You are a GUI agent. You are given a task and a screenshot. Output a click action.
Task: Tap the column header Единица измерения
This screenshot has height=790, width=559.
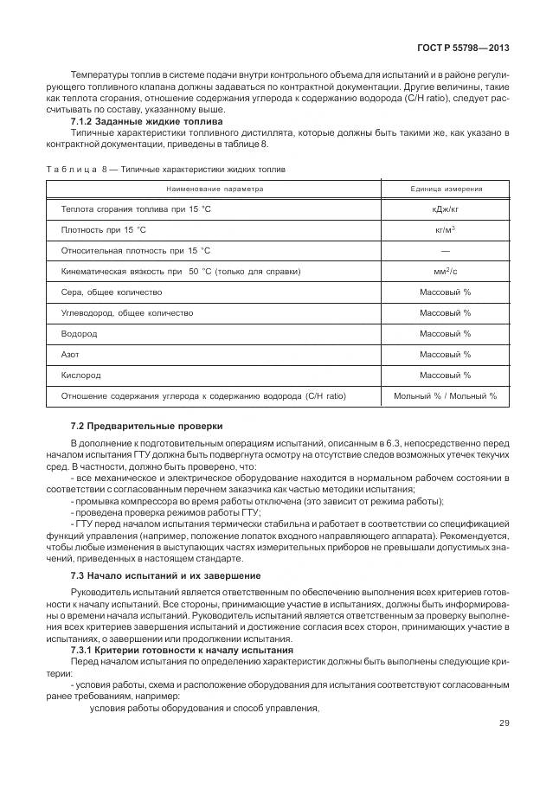(x=446, y=189)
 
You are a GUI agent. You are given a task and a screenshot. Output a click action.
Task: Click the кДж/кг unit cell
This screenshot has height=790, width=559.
(x=446, y=209)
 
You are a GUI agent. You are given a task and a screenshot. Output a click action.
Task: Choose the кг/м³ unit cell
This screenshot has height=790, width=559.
(x=446, y=230)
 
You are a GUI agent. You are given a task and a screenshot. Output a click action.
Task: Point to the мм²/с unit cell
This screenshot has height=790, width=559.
(x=446, y=272)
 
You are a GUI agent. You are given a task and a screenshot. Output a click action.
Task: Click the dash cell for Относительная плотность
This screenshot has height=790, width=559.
(x=446, y=251)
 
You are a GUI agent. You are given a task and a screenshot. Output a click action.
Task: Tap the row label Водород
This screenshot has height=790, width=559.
(x=79, y=334)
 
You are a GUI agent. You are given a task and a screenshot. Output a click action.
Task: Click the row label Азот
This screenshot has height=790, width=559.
(x=71, y=355)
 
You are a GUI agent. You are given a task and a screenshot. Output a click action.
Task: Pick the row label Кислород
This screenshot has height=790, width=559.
(x=80, y=376)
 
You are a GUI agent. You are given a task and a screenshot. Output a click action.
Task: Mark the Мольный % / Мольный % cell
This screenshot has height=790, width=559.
(x=446, y=396)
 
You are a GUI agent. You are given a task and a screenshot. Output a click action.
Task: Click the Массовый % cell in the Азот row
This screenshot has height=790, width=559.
(x=446, y=355)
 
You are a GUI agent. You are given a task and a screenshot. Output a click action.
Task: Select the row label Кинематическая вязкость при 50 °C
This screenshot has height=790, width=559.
(x=180, y=272)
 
